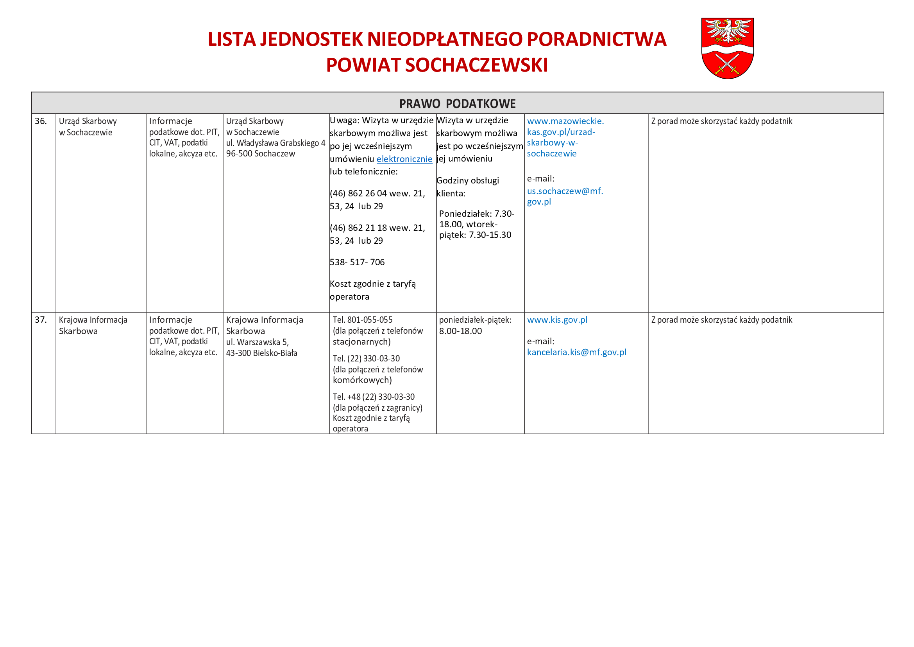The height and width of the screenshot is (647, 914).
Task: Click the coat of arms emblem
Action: coord(727,48)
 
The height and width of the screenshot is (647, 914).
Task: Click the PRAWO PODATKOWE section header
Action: coord(457,104)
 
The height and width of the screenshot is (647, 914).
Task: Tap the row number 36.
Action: coord(41,121)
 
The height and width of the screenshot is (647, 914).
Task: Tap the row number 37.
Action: coord(41,320)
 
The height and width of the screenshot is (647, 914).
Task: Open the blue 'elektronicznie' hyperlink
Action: coord(404,159)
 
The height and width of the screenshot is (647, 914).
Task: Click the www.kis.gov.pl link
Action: coord(557,320)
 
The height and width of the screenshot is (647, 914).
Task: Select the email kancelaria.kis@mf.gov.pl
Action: coord(576,352)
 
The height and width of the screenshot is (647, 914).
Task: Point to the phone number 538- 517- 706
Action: coord(357,262)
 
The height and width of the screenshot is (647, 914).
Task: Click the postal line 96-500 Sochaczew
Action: coord(260,154)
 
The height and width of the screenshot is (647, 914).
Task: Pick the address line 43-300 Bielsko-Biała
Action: coord(261,353)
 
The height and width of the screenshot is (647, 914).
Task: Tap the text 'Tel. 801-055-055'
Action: coord(362,320)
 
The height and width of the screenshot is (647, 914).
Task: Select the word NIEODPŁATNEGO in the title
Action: coord(445,39)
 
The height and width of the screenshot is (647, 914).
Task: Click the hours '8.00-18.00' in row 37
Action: coord(460,331)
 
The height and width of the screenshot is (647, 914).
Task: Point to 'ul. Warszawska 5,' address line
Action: coord(257,342)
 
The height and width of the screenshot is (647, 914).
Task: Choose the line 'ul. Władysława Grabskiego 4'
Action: coord(275,143)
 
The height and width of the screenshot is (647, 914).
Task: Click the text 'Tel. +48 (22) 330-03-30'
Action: coord(374,397)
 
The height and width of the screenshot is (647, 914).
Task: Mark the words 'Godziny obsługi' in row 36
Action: coord(467,180)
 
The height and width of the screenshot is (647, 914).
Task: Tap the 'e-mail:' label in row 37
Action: coord(540,341)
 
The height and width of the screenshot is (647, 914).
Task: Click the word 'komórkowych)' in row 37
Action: coord(362,380)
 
